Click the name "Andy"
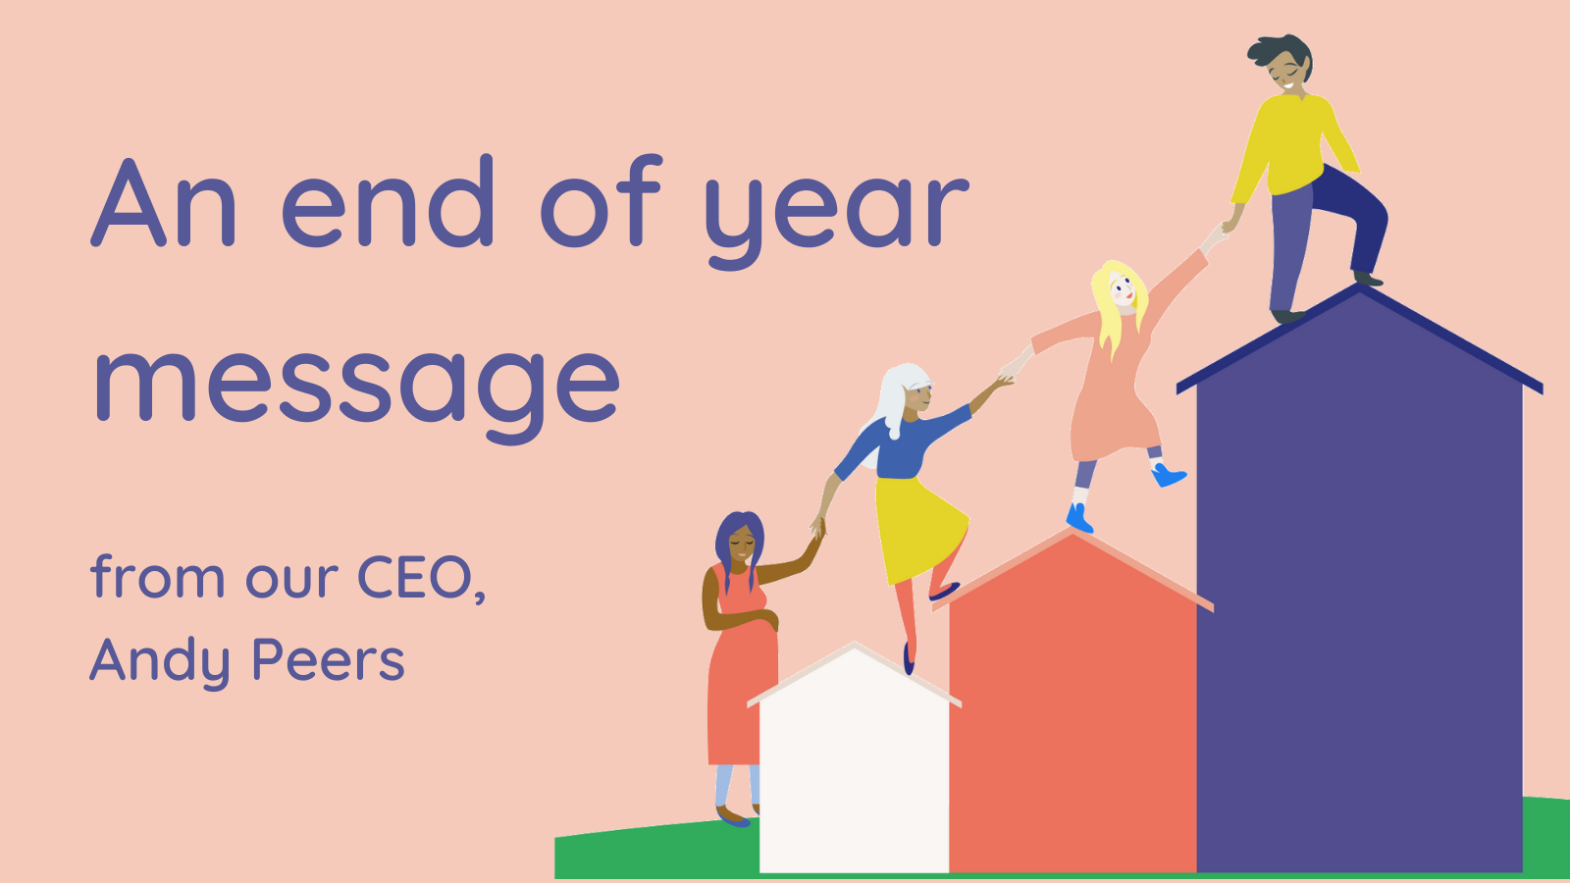pyautogui.click(x=160, y=660)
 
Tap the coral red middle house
pyautogui.click(x=1073, y=707)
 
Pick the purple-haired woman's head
pyautogui.click(x=740, y=539)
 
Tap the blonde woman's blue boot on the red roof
pyautogui.click(x=1079, y=519)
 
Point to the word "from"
pyautogui.click(x=158, y=576)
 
